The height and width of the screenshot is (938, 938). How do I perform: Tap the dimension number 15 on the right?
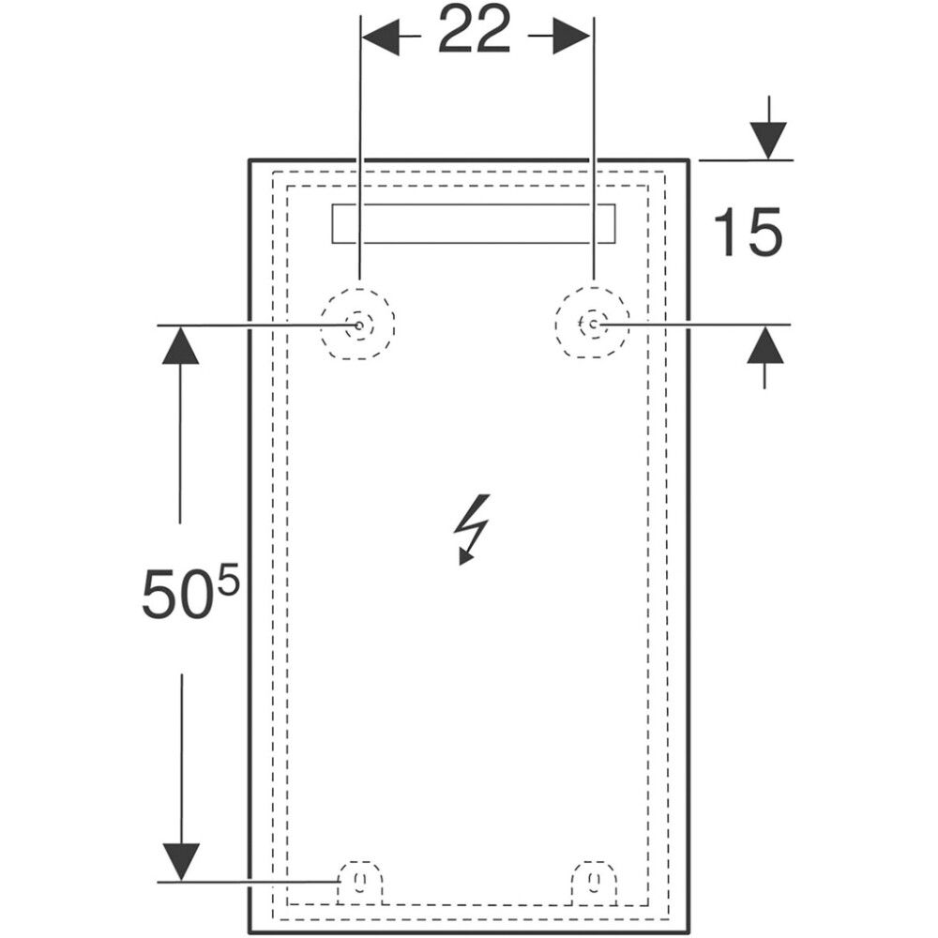[x=748, y=234]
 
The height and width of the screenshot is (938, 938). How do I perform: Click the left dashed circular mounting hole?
[x=357, y=325]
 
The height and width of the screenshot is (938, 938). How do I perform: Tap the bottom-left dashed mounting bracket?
[x=360, y=881]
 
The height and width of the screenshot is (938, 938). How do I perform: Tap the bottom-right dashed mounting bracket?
[x=595, y=881]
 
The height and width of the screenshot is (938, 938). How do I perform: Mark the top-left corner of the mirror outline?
[x=250, y=160]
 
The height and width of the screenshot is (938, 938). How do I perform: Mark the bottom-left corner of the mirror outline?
[x=250, y=933]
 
